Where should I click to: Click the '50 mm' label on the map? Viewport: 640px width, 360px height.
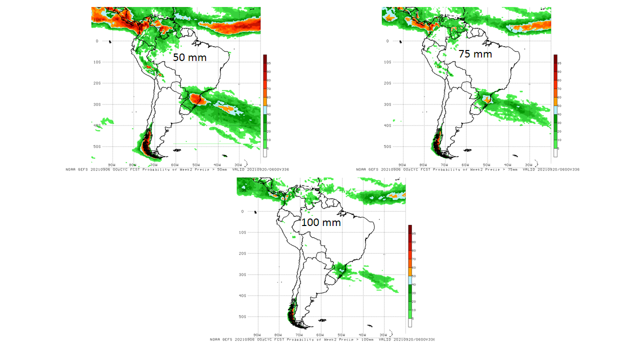click(x=189, y=57)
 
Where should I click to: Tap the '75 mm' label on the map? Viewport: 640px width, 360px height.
click(x=475, y=54)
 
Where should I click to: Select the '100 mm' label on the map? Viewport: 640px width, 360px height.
click(x=321, y=222)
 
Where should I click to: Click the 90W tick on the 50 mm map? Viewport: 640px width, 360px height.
click(x=111, y=164)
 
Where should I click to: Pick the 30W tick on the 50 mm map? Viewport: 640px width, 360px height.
click(x=238, y=164)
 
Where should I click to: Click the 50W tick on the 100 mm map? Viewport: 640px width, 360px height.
click(x=341, y=335)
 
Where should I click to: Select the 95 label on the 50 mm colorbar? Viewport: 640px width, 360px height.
click(x=268, y=63)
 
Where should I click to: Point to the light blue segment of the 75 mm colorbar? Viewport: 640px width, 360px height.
click(x=555, y=110)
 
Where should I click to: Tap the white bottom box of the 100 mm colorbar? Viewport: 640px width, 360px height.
click(x=410, y=323)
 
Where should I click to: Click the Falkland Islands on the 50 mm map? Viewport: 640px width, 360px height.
click(x=175, y=150)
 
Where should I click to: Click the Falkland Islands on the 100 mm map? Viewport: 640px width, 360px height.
click(x=322, y=320)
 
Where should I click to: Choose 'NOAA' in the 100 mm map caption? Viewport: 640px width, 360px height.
click(x=215, y=339)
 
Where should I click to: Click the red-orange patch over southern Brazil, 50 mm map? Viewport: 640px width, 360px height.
click(x=198, y=100)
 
